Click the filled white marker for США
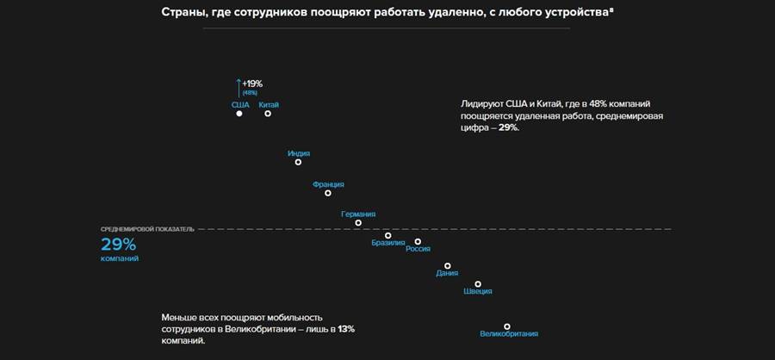pos(239,113)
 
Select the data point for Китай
pos(268,113)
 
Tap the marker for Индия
pos(298,162)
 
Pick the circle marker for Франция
pos(327,193)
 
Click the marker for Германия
pos(358,223)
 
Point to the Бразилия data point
pos(387,235)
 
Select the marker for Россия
pos(418,242)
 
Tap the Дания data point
pos(447,266)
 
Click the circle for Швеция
pos(478,284)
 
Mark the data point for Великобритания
pos(507,326)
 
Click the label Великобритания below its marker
pos(508,334)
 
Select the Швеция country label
pos(478,292)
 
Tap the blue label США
pos(240,104)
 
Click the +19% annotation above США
pos(253,84)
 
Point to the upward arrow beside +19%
pos(239,88)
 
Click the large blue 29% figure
pos(118,244)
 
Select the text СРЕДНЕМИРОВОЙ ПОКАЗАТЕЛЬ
pos(147,229)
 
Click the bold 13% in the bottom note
pos(345,329)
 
